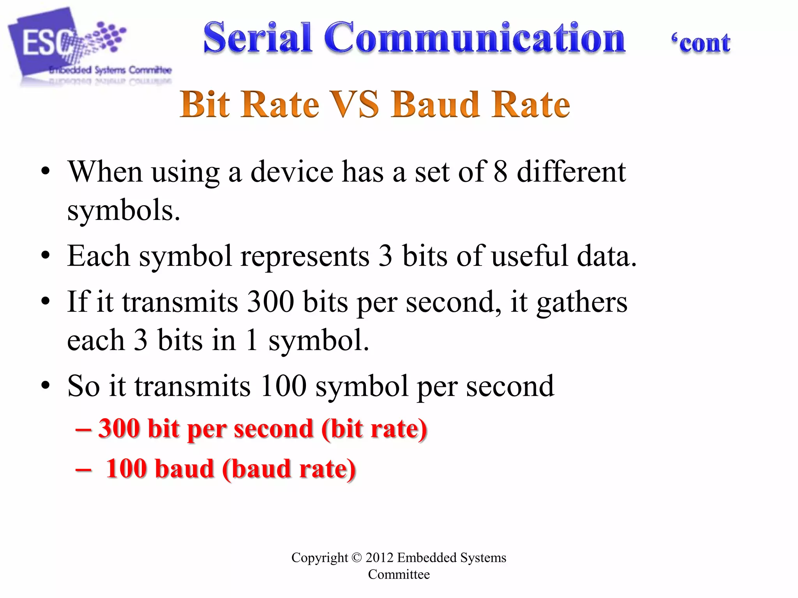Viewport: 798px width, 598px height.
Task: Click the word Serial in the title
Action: click(x=257, y=38)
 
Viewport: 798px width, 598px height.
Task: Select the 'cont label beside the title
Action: click(x=701, y=43)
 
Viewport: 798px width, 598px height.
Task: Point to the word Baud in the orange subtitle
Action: click(x=435, y=104)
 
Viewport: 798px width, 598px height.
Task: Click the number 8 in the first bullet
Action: click(x=500, y=172)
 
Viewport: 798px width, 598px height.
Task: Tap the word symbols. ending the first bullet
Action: click(x=124, y=211)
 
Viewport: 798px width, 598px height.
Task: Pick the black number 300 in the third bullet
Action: click(x=270, y=302)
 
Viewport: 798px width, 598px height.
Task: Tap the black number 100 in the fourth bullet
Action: click(x=283, y=386)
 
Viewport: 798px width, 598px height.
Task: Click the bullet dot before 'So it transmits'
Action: click(x=46, y=385)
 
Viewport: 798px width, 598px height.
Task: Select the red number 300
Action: click(x=119, y=429)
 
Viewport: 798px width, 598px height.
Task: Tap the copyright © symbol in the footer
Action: click(x=357, y=558)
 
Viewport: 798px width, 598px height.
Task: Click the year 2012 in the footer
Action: click(x=380, y=558)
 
